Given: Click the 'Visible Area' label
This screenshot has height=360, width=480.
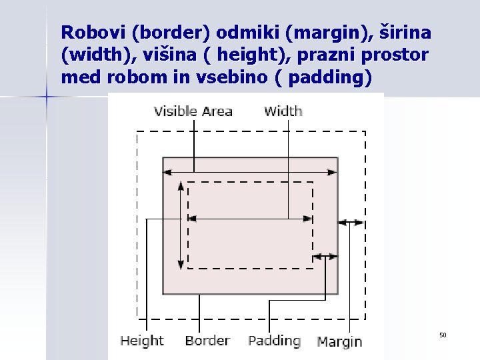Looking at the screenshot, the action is tap(193, 111).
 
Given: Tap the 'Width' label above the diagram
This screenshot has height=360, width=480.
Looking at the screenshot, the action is tap(283, 111).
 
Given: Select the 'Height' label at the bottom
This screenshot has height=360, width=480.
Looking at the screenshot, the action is tap(141, 341).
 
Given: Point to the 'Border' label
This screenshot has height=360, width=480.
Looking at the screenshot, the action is tap(207, 341).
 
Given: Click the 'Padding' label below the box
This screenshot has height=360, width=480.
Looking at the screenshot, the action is tap(274, 341).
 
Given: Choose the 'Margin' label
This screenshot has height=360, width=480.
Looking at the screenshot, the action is tap(339, 341).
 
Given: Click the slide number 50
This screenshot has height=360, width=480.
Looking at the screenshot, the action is tap(442, 334).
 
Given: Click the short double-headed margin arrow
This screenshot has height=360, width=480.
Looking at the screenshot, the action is tap(351, 223).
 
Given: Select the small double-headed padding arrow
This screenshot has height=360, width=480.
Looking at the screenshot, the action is tap(325, 256).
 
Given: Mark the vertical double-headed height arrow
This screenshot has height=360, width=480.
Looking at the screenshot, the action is tap(181, 225).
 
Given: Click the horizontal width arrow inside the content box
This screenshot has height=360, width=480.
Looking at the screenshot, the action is tap(250, 219).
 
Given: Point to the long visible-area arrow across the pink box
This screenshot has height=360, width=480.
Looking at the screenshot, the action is tap(250, 172).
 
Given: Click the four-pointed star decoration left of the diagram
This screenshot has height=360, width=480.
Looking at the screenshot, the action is tap(47, 97).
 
